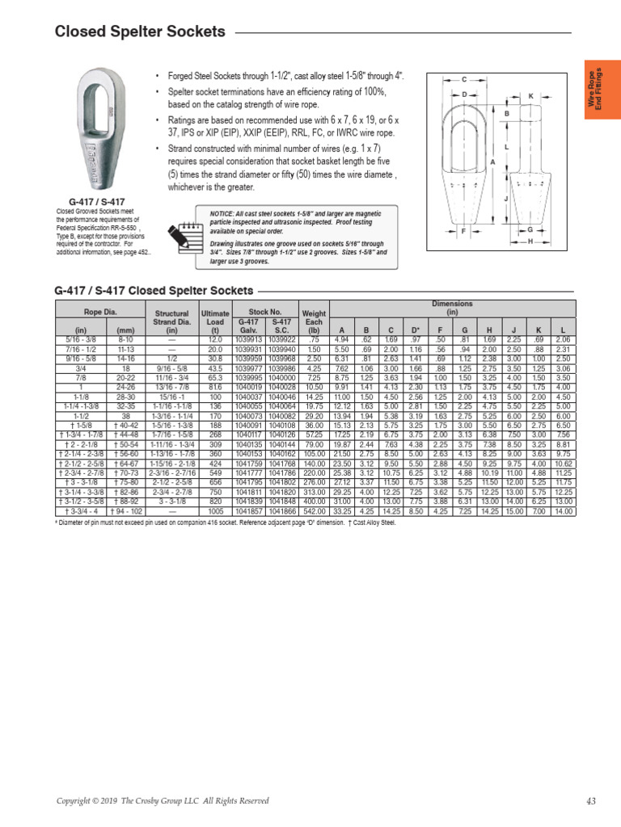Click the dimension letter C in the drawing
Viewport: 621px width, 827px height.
click(x=464, y=79)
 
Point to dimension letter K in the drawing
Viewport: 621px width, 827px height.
click(x=531, y=96)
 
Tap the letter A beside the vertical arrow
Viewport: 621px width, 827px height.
click(x=492, y=162)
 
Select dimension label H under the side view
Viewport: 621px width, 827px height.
click(x=530, y=241)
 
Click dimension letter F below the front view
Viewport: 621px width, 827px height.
click(x=463, y=231)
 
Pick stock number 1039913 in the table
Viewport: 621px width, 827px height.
click(x=247, y=340)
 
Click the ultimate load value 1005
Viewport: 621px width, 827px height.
click(x=215, y=512)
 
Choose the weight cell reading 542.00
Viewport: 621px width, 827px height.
click(x=314, y=512)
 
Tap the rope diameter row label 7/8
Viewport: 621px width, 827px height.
click(x=81, y=377)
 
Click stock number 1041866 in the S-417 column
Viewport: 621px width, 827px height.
click(x=283, y=512)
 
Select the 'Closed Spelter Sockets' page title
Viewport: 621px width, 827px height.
click(x=140, y=32)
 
